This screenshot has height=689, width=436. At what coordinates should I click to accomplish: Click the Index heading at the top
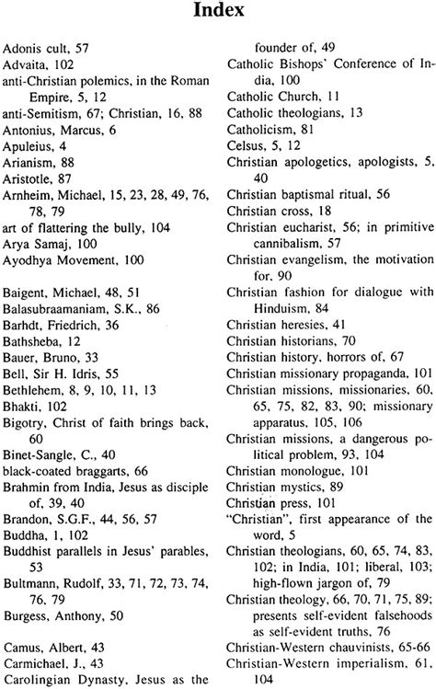pos(218,14)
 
